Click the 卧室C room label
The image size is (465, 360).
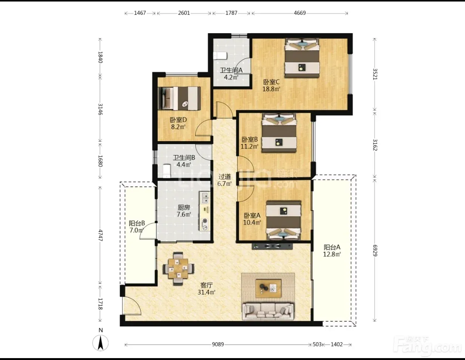[271, 82]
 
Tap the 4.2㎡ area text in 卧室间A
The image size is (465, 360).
[231, 77]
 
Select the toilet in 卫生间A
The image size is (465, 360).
[220, 56]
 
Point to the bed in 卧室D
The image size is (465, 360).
[179, 98]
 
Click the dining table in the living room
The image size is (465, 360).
[178, 269]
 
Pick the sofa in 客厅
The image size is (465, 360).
[268, 311]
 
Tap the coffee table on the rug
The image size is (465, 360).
[268, 288]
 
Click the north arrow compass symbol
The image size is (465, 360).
[100, 343]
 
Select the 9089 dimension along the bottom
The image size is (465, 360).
[218, 345]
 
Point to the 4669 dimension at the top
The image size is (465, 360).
[300, 13]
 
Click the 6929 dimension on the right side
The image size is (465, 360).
[375, 251]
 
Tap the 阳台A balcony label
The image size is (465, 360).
[332, 247]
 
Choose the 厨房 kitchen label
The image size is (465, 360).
[184, 208]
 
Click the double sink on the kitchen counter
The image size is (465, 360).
[205, 198]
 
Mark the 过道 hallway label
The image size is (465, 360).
[224, 177]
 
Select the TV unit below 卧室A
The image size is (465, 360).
[272, 246]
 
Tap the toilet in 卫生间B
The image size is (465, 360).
[167, 171]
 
